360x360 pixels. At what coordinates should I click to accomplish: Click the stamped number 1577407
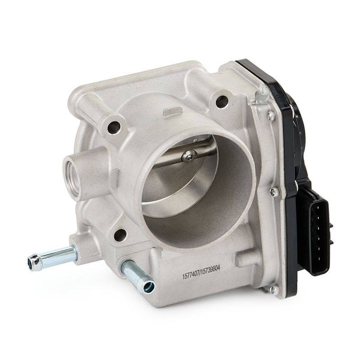(x=190, y=274)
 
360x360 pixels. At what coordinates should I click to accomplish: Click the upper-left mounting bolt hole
(x=114, y=127)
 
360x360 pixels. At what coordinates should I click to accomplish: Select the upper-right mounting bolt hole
(x=222, y=102)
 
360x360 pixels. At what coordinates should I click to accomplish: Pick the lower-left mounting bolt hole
(x=120, y=235)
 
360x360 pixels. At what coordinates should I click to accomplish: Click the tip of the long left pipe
(x=33, y=262)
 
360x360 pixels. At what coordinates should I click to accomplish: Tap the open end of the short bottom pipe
(x=149, y=287)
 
